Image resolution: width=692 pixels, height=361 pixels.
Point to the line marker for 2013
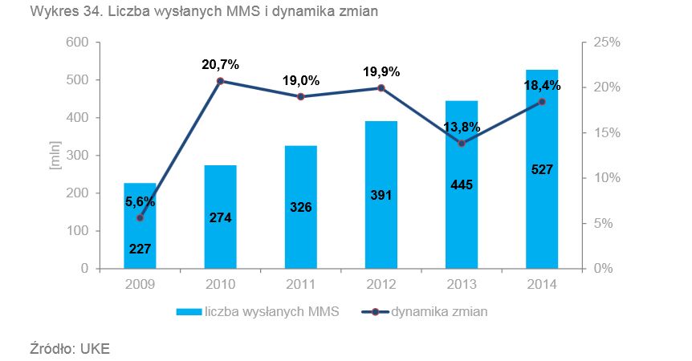(x=462, y=143)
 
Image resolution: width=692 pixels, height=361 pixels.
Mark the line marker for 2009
(x=140, y=217)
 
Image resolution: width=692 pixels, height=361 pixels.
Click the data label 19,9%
(x=381, y=72)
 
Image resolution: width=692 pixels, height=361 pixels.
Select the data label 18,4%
(x=542, y=85)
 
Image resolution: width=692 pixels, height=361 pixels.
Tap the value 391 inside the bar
(x=381, y=195)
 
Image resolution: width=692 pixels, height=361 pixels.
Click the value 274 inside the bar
(x=221, y=217)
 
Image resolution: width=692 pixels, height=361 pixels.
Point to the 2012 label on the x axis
(x=381, y=284)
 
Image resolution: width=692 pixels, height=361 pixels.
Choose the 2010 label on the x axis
(x=221, y=284)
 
